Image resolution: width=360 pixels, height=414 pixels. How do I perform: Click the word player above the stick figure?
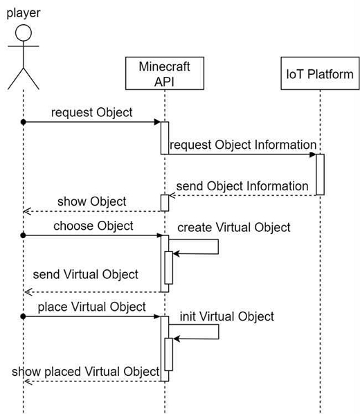click(x=24, y=13)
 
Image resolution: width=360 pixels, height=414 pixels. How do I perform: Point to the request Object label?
click(x=91, y=112)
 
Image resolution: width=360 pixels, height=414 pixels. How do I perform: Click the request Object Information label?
click(x=243, y=145)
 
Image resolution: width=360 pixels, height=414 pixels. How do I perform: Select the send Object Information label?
click(x=242, y=186)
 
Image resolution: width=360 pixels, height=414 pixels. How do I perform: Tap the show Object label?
click(x=91, y=201)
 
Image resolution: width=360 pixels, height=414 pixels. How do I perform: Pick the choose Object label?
click(x=93, y=226)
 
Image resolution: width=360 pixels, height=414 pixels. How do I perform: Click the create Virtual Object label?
click(x=234, y=227)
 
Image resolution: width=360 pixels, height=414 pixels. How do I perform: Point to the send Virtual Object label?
click(x=86, y=274)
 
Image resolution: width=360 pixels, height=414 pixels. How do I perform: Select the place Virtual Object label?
click(x=91, y=307)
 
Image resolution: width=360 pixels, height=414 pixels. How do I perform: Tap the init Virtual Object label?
click(x=227, y=316)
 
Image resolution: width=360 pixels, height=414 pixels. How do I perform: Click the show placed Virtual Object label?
click(x=86, y=372)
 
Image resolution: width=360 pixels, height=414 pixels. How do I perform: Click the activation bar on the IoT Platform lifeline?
click(x=320, y=174)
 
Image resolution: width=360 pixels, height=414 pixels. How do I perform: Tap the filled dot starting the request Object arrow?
click(x=24, y=122)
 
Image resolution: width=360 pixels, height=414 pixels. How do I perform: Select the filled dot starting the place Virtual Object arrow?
click(x=24, y=316)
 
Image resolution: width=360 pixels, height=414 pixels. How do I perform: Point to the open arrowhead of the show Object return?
click(x=27, y=211)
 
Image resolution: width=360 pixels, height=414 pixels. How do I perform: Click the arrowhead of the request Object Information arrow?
click(x=313, y=154)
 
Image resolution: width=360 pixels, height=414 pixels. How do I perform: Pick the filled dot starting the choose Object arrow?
click(x=24, y=235)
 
